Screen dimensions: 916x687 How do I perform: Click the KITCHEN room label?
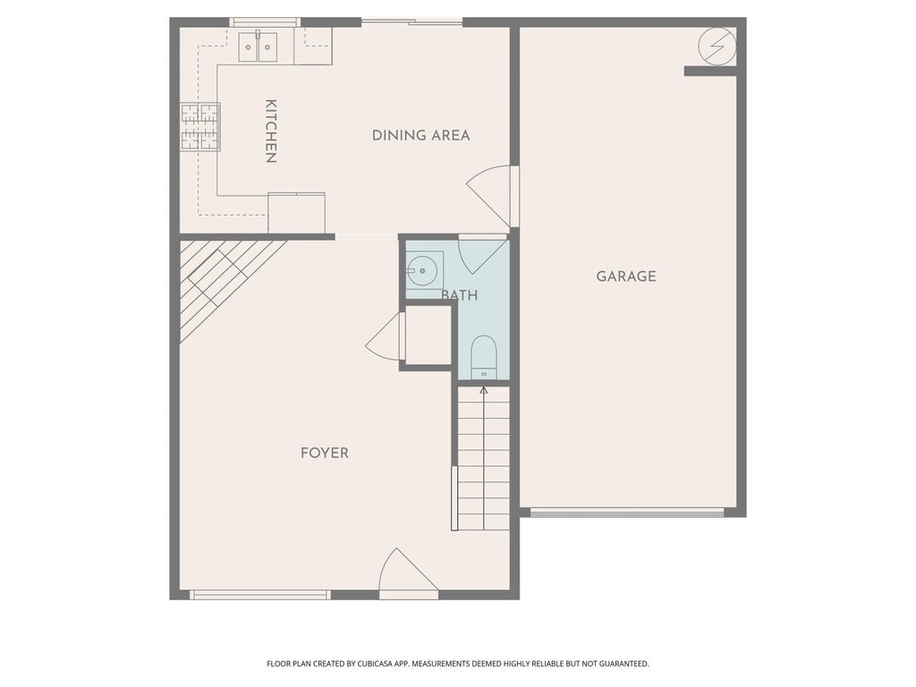click(270, 131)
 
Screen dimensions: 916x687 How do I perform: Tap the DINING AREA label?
click(420, 136)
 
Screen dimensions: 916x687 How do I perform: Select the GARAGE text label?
click(626, 276)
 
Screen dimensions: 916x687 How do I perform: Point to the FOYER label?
click(324, 453)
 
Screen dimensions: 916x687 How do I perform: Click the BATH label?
click(460, 295)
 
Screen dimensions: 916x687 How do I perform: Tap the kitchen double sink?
click(258, 47)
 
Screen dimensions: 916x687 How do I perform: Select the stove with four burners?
click(200, 127)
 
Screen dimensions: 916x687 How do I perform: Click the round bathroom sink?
click(422, 271)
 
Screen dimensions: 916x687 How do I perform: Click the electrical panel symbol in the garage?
click(717, 47)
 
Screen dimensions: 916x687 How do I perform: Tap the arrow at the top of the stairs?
click(483, 390)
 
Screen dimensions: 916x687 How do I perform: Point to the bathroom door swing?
click(482, 254)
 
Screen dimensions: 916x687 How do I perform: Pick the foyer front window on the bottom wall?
click(260, 595)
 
